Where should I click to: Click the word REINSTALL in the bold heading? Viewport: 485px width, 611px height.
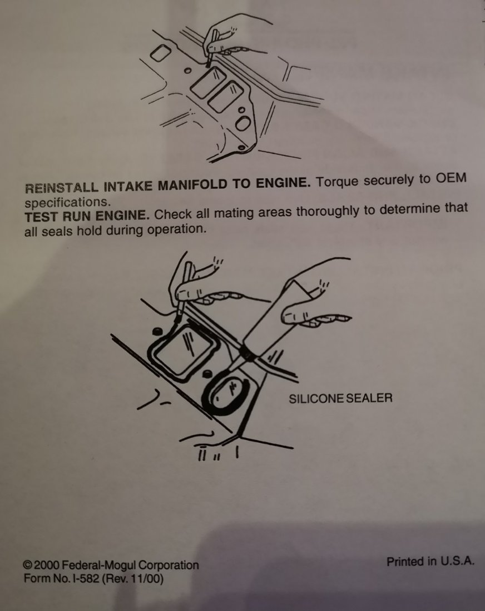(62, 187)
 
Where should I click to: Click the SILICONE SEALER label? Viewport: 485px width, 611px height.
(340, 398)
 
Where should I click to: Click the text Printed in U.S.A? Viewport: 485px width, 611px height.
(430, 562)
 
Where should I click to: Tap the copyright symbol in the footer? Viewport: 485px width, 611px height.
(27, 565)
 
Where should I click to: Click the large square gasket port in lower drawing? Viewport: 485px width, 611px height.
(183, 353)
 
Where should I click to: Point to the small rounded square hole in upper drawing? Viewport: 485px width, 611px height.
(160, 53)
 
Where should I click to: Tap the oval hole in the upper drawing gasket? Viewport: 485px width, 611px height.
(242, 124)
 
